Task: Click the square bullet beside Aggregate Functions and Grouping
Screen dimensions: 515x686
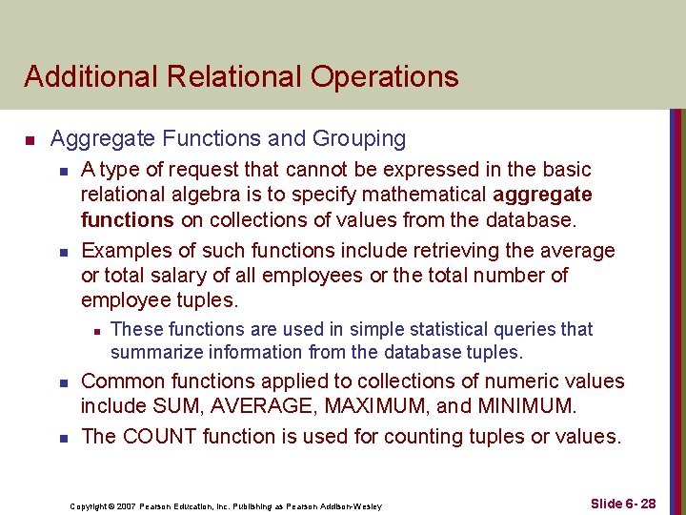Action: (30, 141)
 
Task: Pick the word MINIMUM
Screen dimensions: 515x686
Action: (530, 407)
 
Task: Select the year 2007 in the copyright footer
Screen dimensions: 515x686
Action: (129, 505)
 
